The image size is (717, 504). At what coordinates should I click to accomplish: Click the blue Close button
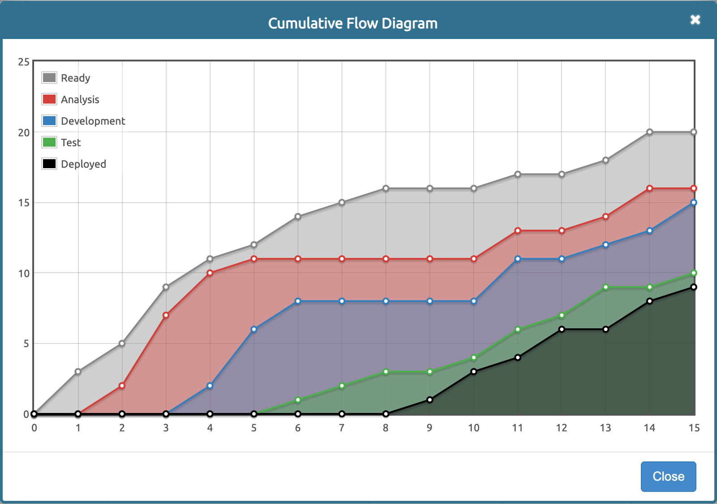[668, 476]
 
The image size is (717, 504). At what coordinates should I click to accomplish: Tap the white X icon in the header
[695, 20]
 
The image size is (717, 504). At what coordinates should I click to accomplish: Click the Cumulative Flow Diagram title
[353, 23]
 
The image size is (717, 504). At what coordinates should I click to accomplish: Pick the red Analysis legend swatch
[49, 99]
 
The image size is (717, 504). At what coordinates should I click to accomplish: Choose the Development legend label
[93, 121]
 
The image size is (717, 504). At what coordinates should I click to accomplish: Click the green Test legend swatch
[49, 142]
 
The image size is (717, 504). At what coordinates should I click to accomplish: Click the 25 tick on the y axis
[24, 62]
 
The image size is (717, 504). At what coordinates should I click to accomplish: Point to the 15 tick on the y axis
[24, 203]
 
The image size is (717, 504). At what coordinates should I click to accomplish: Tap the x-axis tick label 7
[342, 428]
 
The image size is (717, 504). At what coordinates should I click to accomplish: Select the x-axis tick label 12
[562, 428]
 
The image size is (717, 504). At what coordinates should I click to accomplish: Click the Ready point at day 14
[650, 132]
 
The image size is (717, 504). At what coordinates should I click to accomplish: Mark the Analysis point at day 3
[166, 315]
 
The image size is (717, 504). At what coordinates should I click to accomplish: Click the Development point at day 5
[254, 330]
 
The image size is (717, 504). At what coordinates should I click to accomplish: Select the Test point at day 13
[606, 287]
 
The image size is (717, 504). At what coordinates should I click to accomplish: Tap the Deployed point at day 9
[430, 400]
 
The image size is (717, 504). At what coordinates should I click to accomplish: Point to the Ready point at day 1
[78, 372]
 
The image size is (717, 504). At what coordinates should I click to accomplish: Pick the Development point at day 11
[518, 259]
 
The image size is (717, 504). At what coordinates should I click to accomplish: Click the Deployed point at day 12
[562, 329]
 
